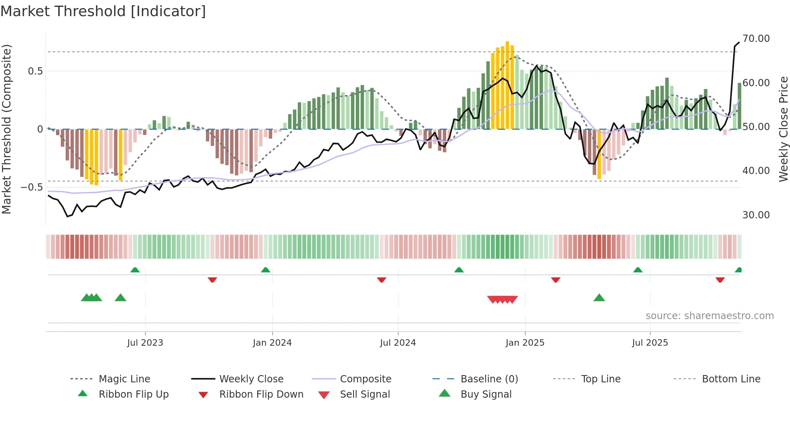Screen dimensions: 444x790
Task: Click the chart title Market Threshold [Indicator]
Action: pos(103,11)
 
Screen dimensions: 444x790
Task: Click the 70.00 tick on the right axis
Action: pos(756,39)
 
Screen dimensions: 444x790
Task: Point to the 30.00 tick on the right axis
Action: pos(756,215)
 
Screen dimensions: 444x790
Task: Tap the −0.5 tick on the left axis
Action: pos(31,187)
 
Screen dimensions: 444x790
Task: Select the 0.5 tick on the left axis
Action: pos(35,71)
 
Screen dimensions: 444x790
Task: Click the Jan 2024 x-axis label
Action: pos(272,343)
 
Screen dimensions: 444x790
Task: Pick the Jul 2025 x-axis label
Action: pos(650,343)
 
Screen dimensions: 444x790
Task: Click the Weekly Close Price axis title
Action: pos(783,129)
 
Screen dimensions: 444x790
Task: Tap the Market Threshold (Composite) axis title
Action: pos(6,129)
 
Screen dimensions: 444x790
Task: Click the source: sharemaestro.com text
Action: pos(709,316)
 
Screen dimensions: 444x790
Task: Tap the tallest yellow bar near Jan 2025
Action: pos(507,85)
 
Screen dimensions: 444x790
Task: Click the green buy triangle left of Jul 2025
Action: pos(599,298)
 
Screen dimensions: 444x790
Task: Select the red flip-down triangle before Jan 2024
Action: pos(212,280)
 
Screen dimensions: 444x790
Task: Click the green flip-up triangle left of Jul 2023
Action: pos(135,270)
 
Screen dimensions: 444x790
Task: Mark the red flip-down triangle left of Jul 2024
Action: pos(382,280)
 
